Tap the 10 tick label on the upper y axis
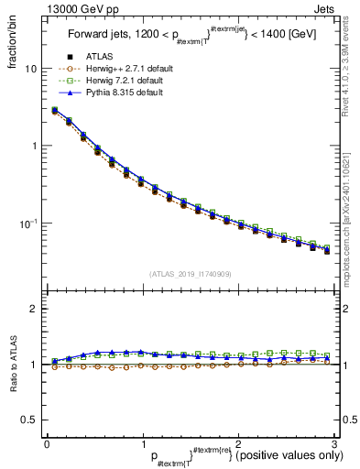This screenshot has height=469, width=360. [x=31, y=69]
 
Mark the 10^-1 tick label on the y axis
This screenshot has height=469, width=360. [x=29, y=223]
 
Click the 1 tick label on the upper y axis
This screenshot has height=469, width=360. [x=35, y=147]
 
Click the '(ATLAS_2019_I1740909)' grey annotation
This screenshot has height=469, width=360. [x=191, y=274]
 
